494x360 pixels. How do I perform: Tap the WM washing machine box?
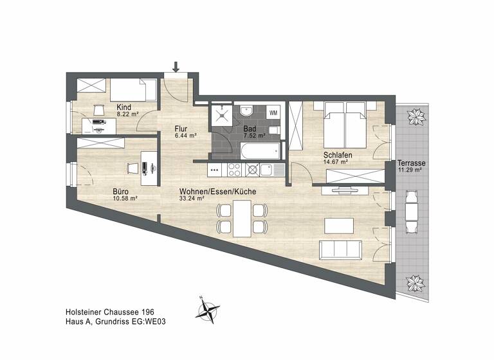273,113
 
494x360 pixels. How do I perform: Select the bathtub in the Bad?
261,152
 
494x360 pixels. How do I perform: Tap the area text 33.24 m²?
192,199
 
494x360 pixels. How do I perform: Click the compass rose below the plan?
209,312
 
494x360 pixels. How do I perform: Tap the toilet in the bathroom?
275,132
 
